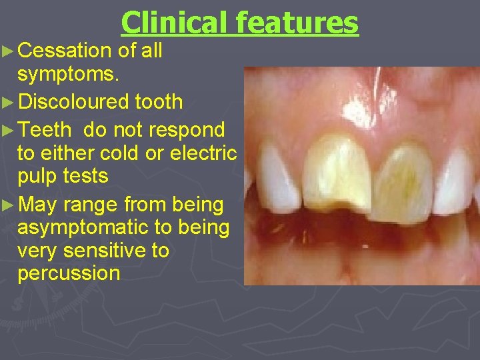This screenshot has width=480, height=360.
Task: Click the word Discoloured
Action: click(x=73, y=101)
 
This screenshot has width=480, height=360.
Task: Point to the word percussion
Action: click(x=69, y=273)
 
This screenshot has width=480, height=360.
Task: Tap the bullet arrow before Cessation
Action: click(x=8, y=51)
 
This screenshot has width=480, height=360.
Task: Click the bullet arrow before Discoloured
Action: click(x=8, y=101)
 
